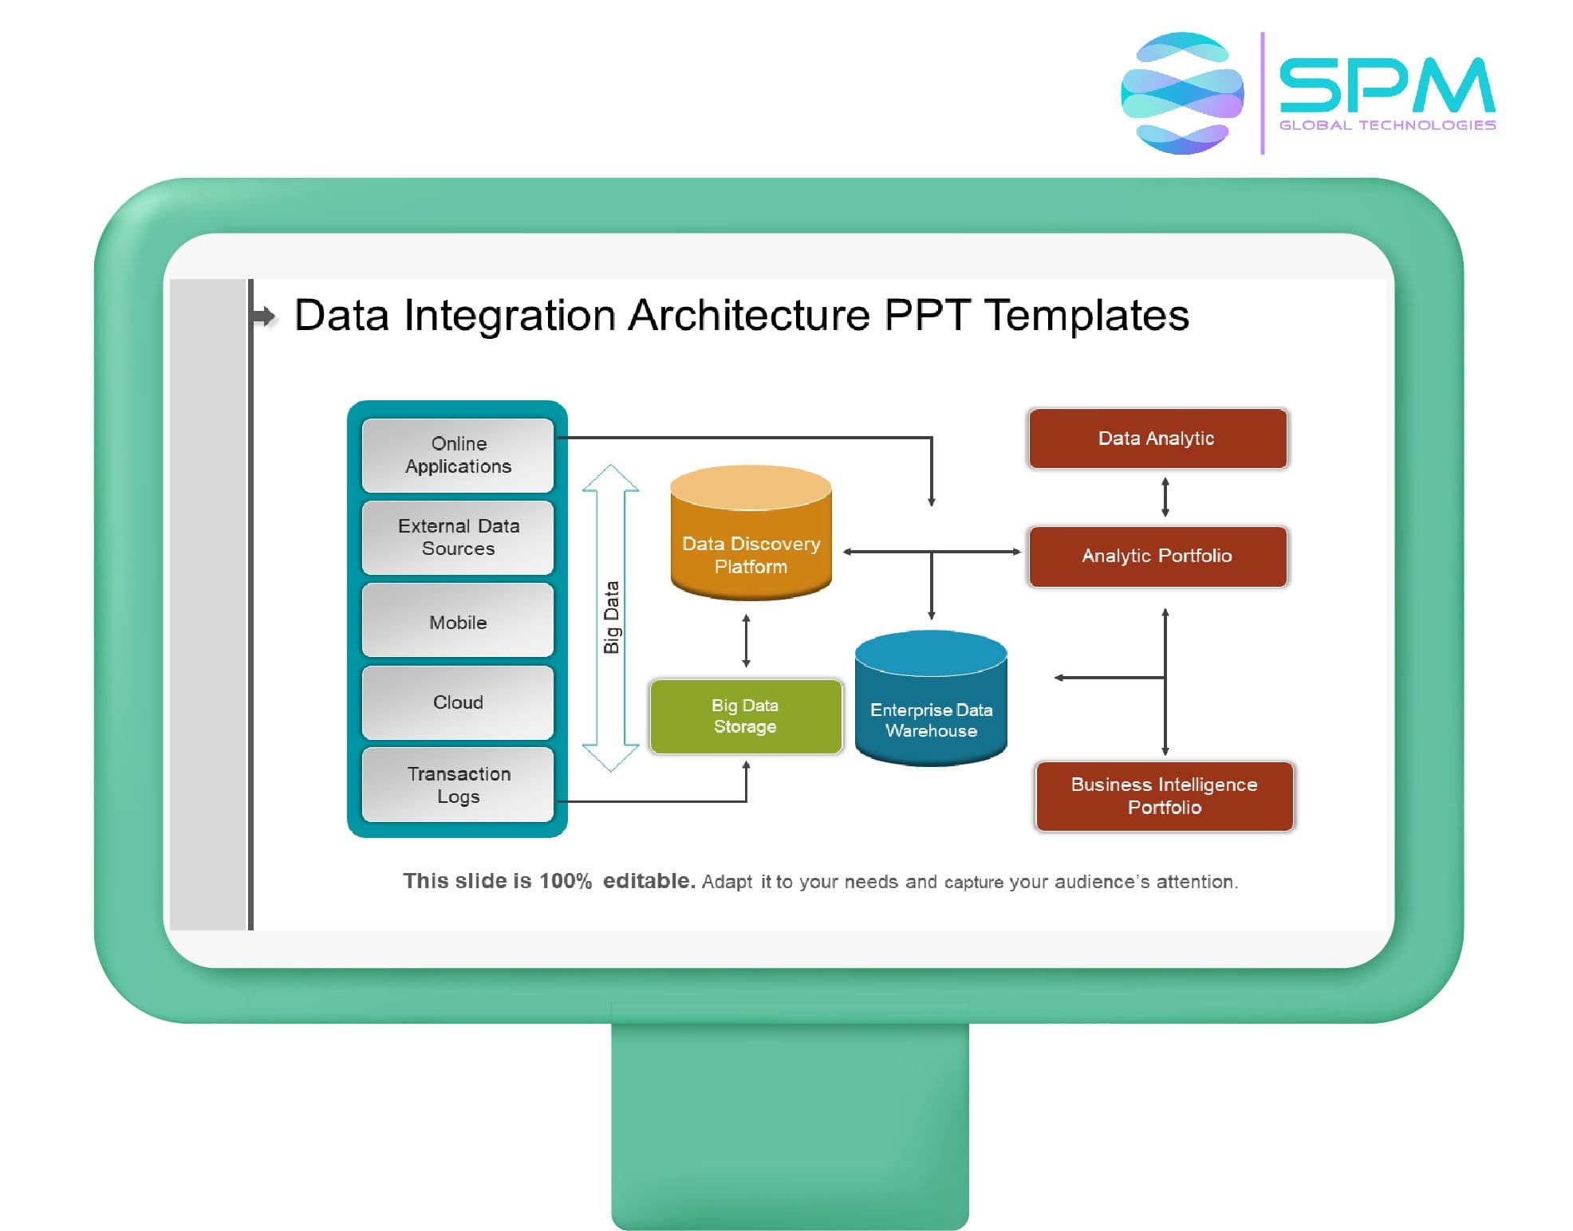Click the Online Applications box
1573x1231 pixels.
pos(458,455)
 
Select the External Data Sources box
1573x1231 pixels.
pos(458,537)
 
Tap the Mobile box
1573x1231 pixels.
pos(458,620)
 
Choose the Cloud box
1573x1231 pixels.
pos(458,702)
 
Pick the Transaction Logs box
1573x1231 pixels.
pos(458,785)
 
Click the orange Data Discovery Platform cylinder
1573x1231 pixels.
pos(751,533)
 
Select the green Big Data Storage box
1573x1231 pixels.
pos(746,716)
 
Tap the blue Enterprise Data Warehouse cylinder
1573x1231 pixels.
pos(931,698)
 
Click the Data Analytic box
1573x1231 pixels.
pos(1157,439)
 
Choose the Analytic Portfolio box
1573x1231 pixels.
pos(1157,557)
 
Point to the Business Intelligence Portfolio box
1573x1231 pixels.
pos(1165,796)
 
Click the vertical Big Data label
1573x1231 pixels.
pos(612,617)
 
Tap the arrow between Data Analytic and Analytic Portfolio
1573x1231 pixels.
pos(1165,498)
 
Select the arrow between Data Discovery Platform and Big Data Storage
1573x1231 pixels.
pos(747,641)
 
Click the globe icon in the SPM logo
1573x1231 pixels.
pos(1182,93)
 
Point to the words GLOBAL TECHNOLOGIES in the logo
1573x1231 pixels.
pos(1387,125)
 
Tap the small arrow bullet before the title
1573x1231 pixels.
pos(264,317)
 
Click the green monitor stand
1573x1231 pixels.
pos(790,1124)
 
